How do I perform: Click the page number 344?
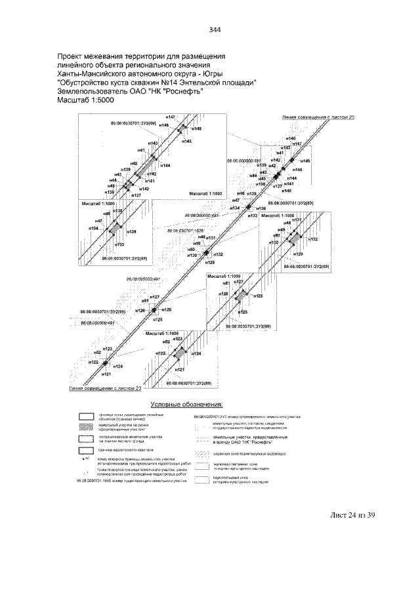tap(215, 29)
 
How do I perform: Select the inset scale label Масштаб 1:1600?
tap(206, 195)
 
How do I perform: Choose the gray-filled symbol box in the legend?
tap(83, 427)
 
